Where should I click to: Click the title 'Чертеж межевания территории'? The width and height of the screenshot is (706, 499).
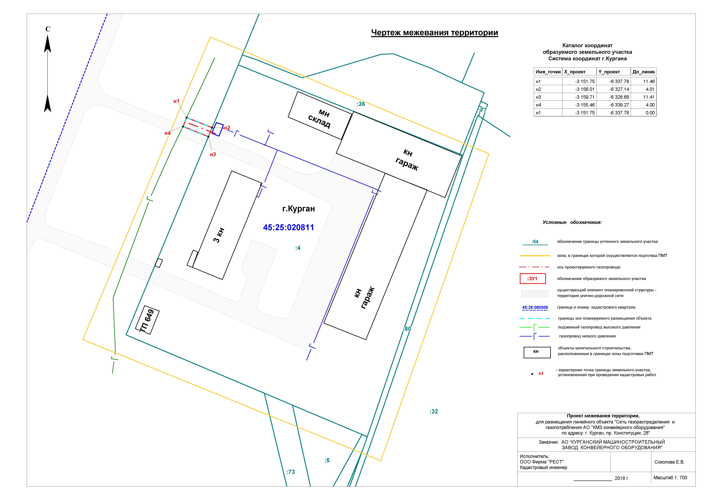coord(434,33)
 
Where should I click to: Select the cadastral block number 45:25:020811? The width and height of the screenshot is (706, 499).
coord(288,227)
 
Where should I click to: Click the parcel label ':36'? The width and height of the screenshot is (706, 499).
coord(361,104)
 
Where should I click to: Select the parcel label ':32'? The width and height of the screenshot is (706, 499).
coord(434,412)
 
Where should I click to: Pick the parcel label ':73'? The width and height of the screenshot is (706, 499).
coord(291,472)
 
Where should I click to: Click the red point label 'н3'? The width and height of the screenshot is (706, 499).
coord(213,155)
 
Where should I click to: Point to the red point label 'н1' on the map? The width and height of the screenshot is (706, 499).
coord(176,101)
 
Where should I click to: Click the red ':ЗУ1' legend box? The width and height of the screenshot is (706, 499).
coord(533,279)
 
